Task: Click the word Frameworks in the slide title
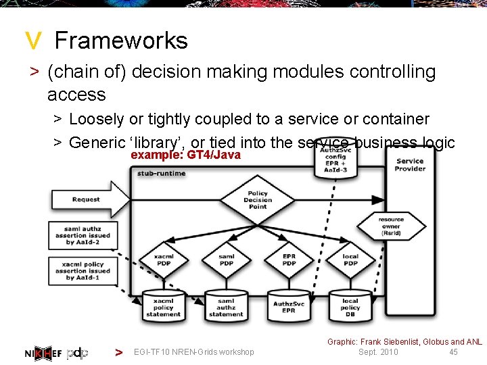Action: point(121,41)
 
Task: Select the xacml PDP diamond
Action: point(164,259)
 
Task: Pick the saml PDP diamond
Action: point(227,259)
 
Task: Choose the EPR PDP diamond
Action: point(289,259)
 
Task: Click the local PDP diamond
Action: point(350,259)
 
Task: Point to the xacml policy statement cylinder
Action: point(163,306)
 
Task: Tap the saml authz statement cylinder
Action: point(226,306)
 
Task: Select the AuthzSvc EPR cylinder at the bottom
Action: point(289,306)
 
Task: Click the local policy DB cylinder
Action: point(350,306)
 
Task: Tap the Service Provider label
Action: point(410,165)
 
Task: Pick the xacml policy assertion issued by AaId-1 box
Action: point(83,270)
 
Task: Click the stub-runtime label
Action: point(161,174)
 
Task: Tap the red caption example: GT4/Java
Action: point(185,155)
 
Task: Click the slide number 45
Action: point(453,351)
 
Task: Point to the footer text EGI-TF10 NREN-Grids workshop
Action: point(194,351)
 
